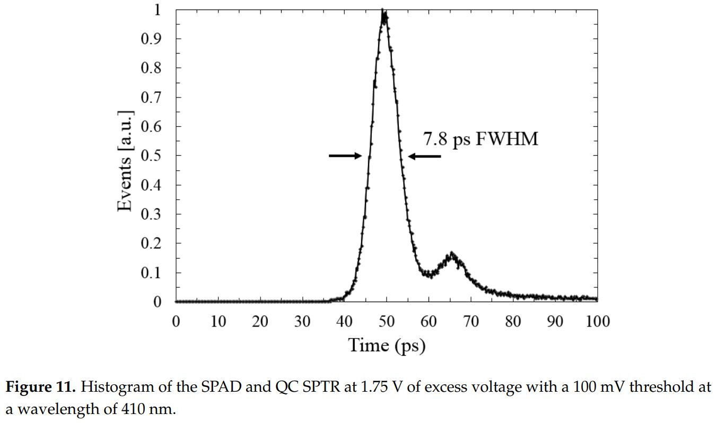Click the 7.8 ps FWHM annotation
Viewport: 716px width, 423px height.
click(480, 139)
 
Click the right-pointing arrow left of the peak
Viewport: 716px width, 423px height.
click(345, 156)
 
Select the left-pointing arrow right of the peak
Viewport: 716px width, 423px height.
click(424, 156)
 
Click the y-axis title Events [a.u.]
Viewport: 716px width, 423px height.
click(125, 162)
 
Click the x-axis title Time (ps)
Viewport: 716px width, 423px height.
click(387, 345)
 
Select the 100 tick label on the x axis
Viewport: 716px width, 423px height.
click(597, 321)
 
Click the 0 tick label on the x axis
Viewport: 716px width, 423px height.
click(176, 321)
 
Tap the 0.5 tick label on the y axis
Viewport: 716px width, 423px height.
click(151, 156)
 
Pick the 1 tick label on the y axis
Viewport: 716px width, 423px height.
click(157, 10)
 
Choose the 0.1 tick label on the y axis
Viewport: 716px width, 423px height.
click(151, 272)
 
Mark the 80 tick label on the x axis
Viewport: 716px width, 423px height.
click(513, 321)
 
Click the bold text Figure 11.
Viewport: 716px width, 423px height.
click(41, 387)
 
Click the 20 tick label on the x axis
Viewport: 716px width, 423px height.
click(260, 321)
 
